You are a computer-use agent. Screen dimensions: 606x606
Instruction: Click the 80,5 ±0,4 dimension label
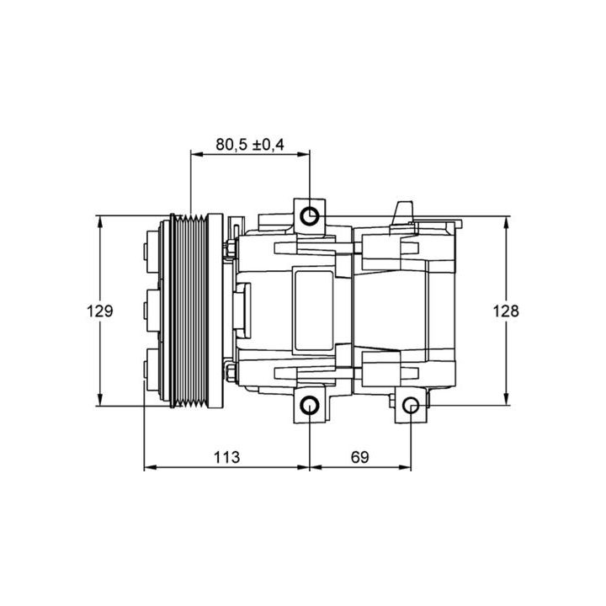point(250,145)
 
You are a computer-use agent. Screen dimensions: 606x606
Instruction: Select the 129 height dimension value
point(99,311)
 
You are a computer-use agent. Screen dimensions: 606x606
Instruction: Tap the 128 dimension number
point(506,311)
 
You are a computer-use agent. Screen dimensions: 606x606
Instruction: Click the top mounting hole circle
point(311,215)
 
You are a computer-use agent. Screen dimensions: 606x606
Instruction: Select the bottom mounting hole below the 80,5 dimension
point(311,406)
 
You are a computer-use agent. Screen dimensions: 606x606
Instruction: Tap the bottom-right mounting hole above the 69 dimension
point(411,407)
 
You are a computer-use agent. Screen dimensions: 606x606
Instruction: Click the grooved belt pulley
point(189,311)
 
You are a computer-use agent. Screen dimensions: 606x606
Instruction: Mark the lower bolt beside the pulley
point(230,373)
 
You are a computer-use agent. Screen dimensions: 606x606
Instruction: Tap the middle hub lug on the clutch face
point(148,311)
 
